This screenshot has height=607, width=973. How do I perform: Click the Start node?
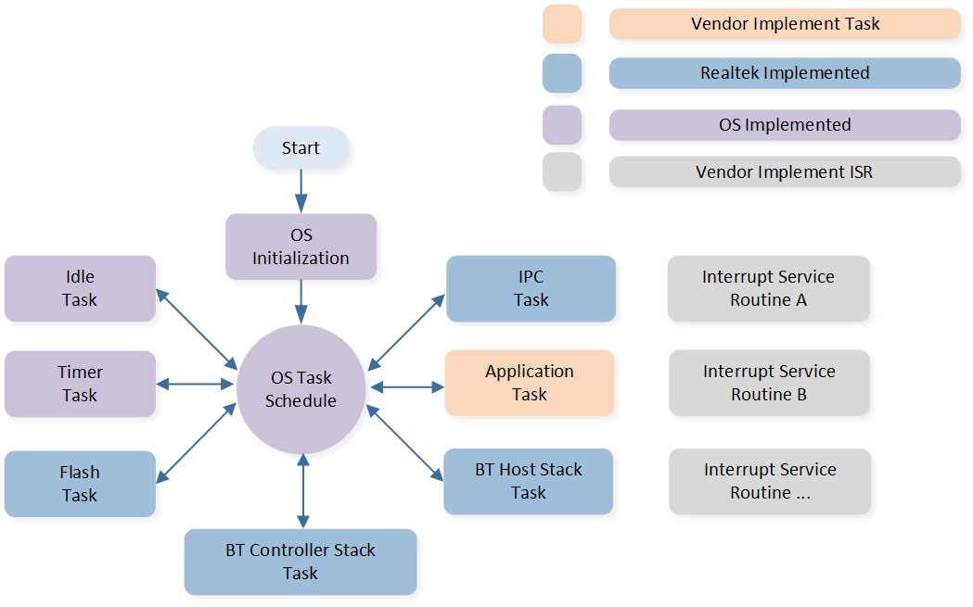point(301,148)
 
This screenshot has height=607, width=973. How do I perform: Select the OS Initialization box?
point(301,247)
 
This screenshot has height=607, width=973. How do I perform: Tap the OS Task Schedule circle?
point(301,389)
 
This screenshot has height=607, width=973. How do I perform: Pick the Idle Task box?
point(80,288)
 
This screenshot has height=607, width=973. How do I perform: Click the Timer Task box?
point(80,384)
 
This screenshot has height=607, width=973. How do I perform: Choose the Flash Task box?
point(80,484)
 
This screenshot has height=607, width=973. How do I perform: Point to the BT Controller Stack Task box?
point(301,562)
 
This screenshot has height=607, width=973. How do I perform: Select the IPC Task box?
point(531,288)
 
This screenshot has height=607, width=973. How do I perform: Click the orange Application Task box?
point(530,383)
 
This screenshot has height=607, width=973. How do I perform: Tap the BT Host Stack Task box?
point(528,481)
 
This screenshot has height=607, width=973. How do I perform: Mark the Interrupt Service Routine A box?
point(768,288)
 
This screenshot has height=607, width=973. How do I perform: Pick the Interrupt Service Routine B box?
point(769,383)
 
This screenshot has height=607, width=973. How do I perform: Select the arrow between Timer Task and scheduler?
point(196,384)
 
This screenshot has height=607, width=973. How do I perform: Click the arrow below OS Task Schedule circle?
point(301,490)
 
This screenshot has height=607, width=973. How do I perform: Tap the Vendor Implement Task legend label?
point(785,24)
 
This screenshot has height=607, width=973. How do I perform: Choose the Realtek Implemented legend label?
point(785,73)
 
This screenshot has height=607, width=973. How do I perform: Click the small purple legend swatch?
point(562,124)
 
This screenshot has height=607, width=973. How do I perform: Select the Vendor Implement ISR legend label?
point(785,172)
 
